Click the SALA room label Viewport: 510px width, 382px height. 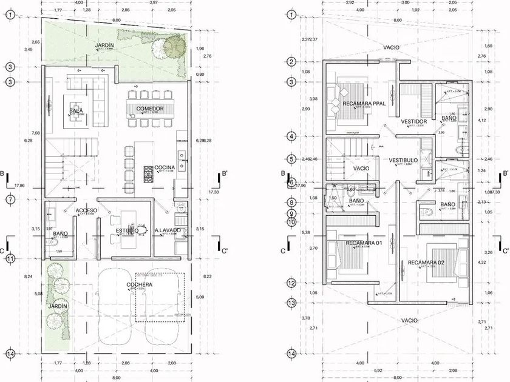click(x=76, y=111)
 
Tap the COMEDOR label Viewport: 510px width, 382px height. click(x=149, y=109)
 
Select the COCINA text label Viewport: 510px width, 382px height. click(x=164, y=167)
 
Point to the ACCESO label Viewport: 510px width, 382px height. click(x=86, y=210)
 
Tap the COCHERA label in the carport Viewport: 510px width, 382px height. click(x=140, y=285)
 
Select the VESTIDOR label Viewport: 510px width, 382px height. click(x=414, y=122)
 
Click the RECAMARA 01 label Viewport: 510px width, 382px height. click(x=362, y=243)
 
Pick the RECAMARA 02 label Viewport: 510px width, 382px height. click(x=426, y=263)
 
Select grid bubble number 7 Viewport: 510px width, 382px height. click(x=10, y=199)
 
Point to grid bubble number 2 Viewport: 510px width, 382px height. click(x=291, y=62)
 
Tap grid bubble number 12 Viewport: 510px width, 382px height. click(x=291, y=283)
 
